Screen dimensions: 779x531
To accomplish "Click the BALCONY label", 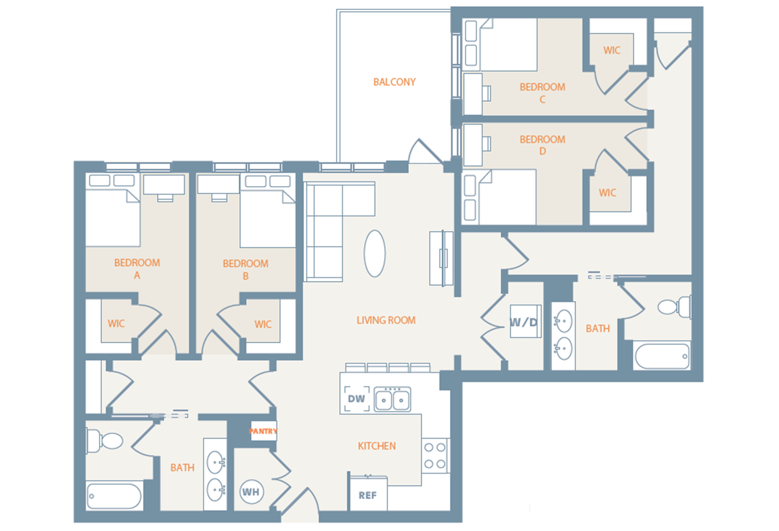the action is [x=395, y=82].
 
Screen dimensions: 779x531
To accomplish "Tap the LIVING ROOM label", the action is [x=386, y=320].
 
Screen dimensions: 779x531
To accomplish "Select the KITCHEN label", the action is [x=376, y=446].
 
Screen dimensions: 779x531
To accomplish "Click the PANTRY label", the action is [x=263, y=431].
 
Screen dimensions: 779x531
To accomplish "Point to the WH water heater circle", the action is [x=252, y=492].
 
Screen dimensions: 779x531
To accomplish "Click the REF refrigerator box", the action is [x=368, y=494].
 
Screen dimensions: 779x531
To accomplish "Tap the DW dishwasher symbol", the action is [x=356, y=399].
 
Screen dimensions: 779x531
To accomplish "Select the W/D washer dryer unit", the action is [x=525, y=321].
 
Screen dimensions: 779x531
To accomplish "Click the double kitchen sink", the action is [x=393, y=399].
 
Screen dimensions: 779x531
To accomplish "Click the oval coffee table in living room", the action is [x=374, y=253].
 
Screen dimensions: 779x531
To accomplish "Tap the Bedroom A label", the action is [x=137, y=269].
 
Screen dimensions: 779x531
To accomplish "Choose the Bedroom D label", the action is [x=542, y=145].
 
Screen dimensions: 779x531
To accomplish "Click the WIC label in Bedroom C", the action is [x=612, y=51].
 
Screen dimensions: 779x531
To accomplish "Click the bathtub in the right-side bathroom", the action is [x=662, y=356].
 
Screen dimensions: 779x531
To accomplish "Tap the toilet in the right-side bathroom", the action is [x=674, y=307].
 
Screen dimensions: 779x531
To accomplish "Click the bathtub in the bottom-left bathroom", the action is [x=114, y=496].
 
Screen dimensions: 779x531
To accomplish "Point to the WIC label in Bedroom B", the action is [x=263, y=325].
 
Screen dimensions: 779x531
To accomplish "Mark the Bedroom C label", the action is [x=542, y=93].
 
